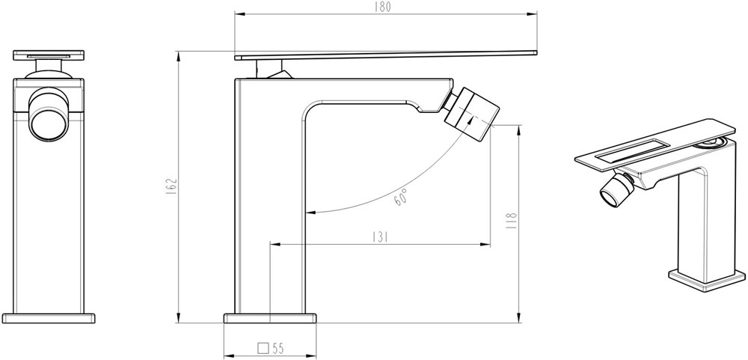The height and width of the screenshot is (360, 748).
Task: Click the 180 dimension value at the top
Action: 382,7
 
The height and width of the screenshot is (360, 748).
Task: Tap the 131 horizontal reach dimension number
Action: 380,237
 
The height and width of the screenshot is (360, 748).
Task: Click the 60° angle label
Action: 401,197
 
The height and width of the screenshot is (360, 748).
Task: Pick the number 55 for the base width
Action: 278,348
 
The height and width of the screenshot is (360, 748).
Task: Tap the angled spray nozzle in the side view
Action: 471,113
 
